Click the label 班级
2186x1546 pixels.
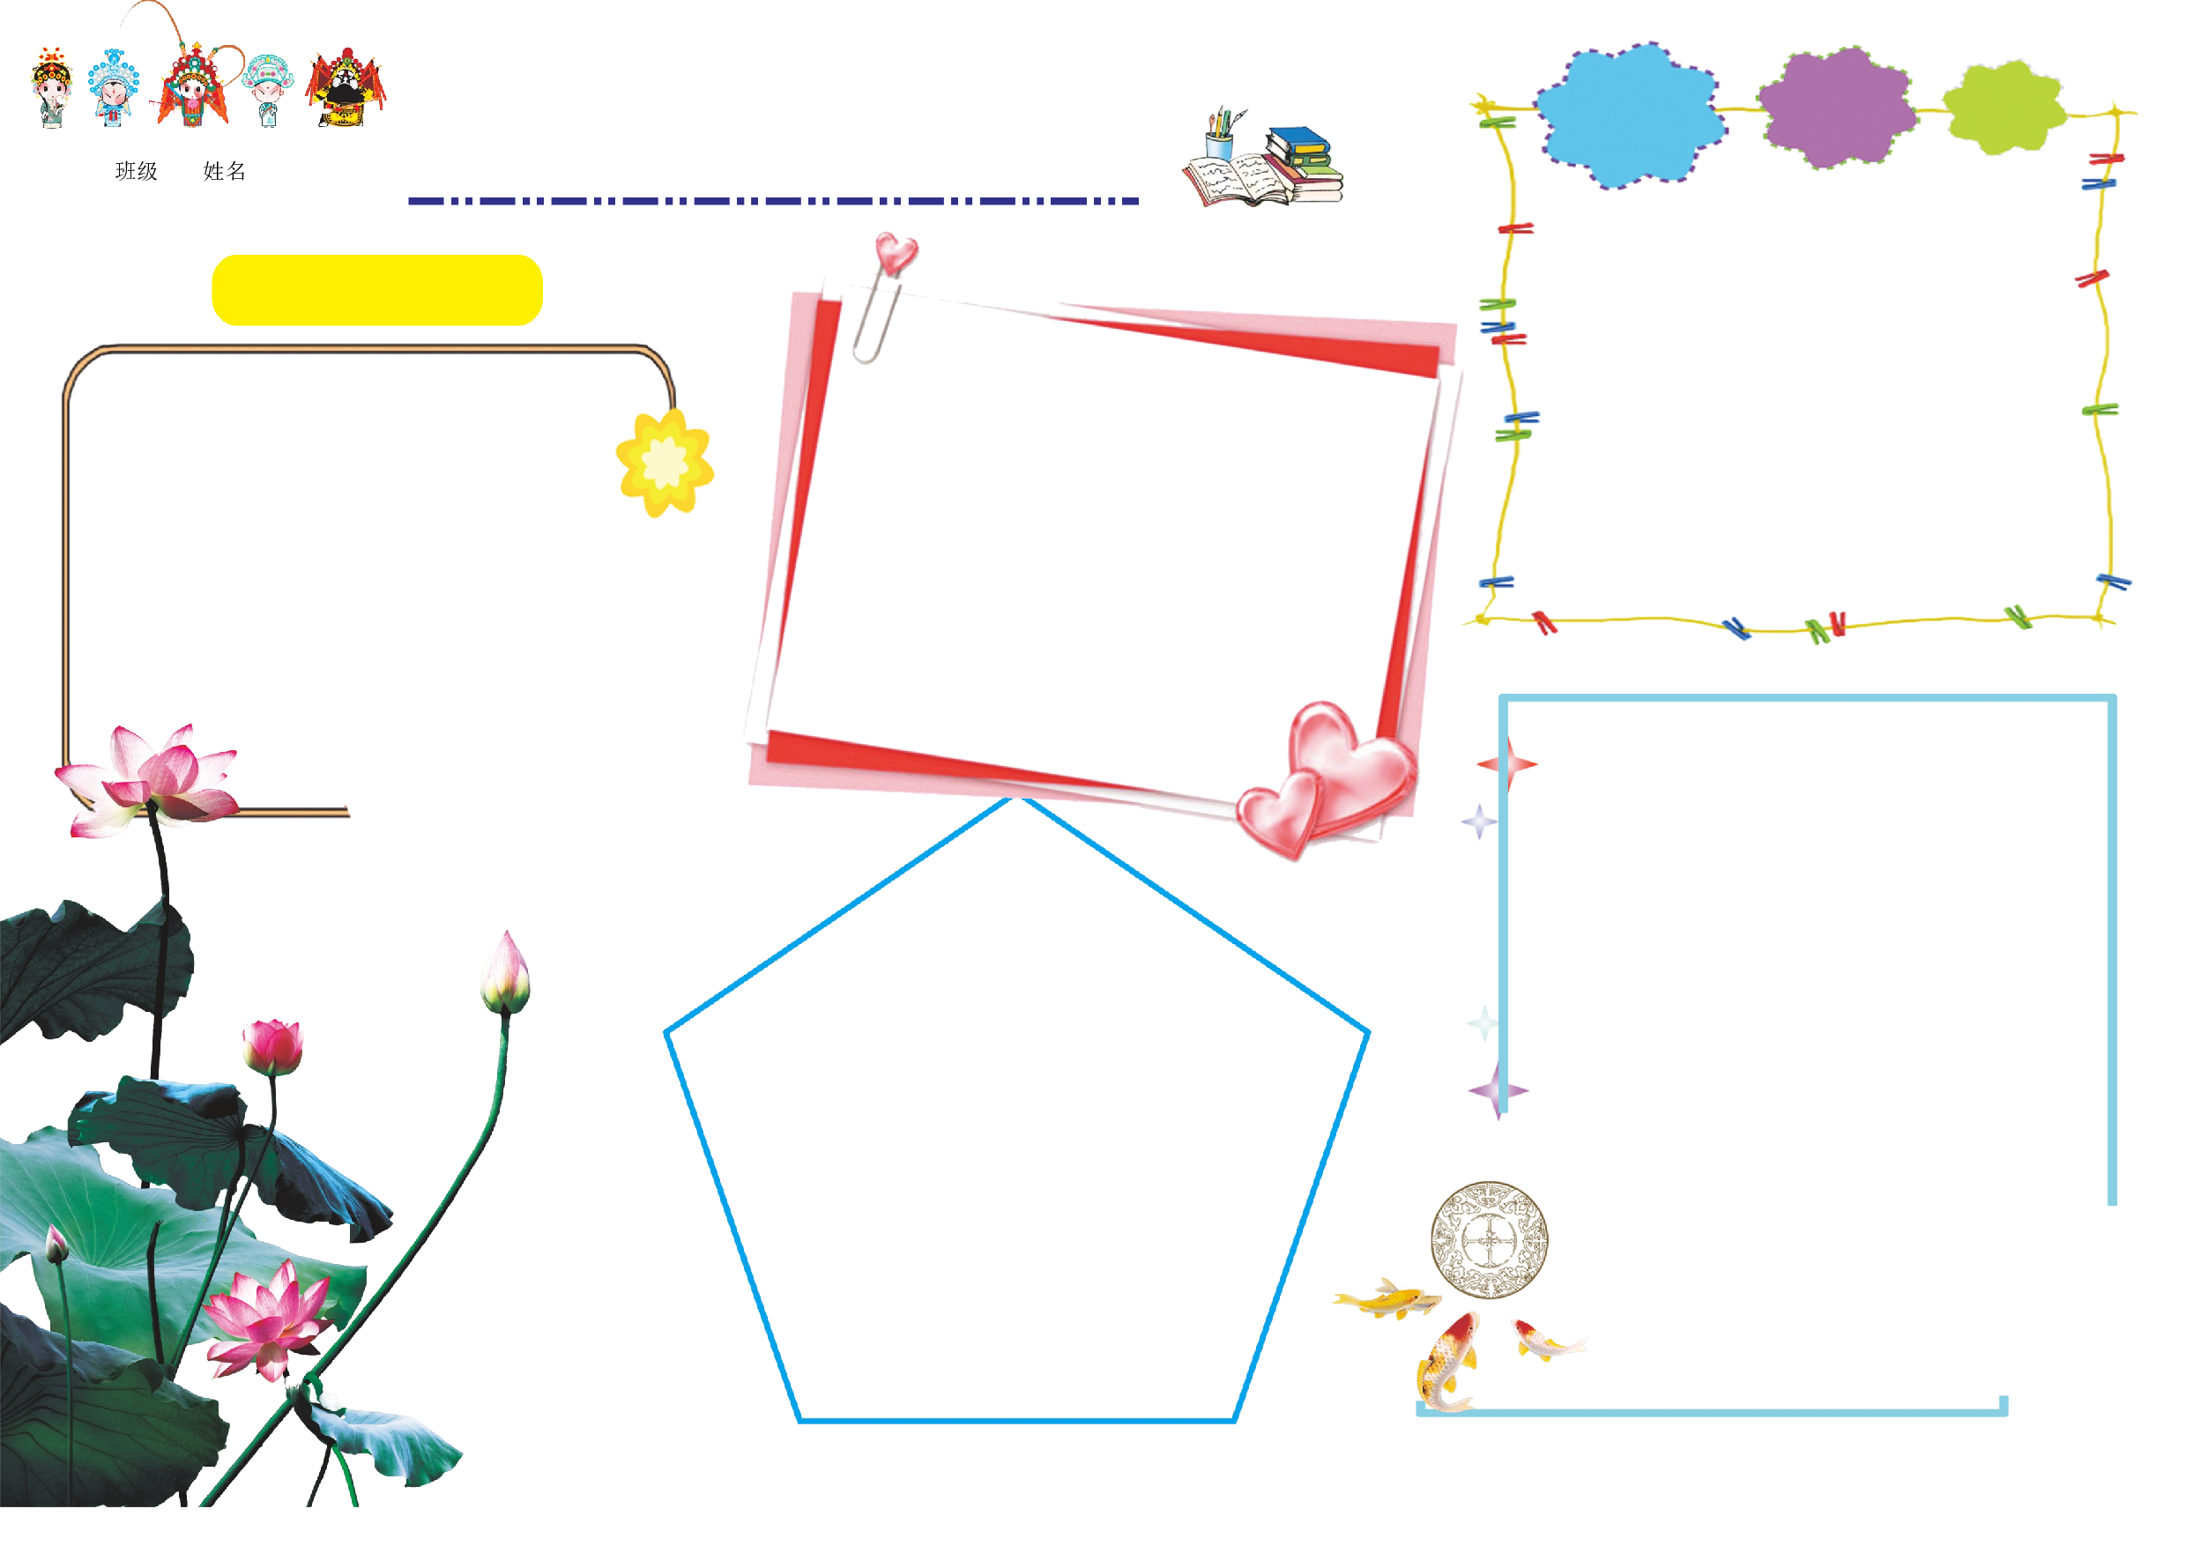[x=136, y=171]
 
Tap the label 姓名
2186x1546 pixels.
[x=225, y=171]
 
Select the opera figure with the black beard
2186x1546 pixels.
[x=346, y=87]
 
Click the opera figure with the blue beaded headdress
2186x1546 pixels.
[x=114, y=87]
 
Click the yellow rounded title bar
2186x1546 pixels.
[x=377, y=290]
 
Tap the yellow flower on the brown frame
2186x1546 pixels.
[x=665, y=464]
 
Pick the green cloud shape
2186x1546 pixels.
[x=2004, y=108]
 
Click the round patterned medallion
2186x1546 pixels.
[x=1490, y=1239]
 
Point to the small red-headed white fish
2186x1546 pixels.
[x=1547, y=1341]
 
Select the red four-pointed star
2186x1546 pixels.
[x=1507, y=763]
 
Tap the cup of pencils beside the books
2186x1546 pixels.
[x=1221, y=136]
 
